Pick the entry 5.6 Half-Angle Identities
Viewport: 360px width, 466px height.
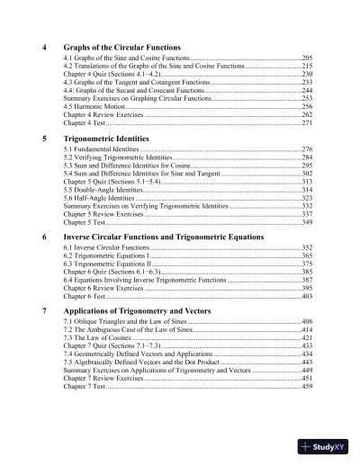pyautogui.click(x=100, y=199)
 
